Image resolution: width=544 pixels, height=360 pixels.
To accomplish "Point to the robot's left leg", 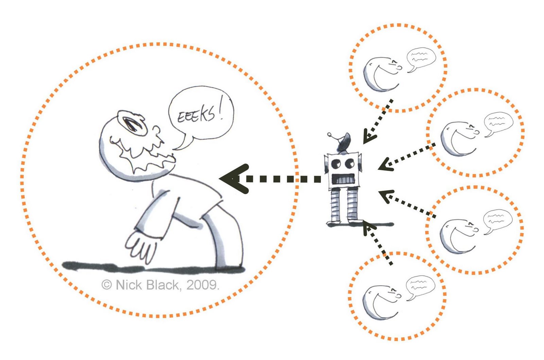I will pyautogui.click(x=335, y=205).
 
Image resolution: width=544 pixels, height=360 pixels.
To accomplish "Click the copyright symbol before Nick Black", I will pyautogui.click(x=106, y=285).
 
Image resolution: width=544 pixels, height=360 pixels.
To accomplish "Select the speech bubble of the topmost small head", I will pyautogui.click(x=421, y=58).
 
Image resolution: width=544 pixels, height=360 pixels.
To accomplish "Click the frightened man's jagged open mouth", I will pyautogui.click(x=143, y=153).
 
